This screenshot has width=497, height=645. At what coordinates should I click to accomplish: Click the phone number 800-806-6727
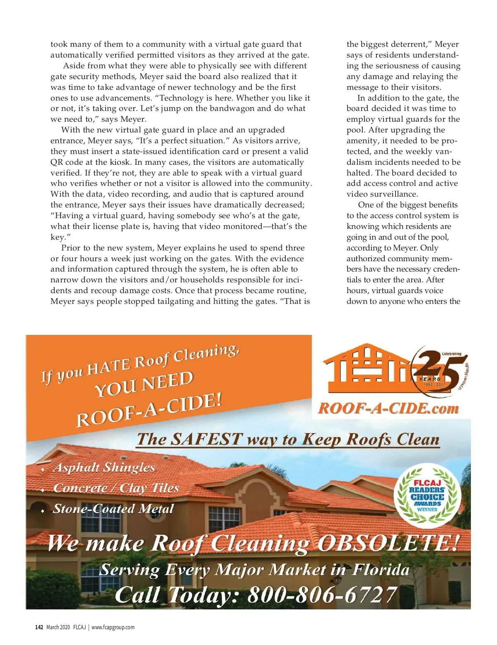click(x=322, y=595)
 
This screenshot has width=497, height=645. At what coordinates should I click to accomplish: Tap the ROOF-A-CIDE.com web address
click(x=388, y=409)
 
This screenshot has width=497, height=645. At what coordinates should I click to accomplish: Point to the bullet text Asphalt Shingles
click(x=104, y=467)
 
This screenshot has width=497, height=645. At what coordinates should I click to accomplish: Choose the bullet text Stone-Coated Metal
click(x=113, y=509)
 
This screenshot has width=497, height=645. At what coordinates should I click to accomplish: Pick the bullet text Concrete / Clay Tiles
click(x=116, y=488)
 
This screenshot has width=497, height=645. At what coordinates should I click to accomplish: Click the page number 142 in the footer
click(x=39, y=627)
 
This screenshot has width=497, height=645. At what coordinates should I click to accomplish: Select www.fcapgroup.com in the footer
click(x=113, y=627)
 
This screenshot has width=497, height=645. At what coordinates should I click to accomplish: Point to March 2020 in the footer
click(x=58, y=627)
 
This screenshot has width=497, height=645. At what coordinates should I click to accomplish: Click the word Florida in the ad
click(x=381, y=570)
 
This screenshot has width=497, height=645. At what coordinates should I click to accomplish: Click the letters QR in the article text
click(x=56, y=162)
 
